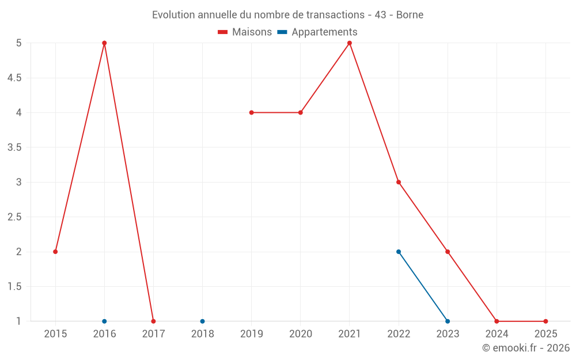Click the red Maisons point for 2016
click(x=104, y=43)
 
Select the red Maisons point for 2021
click(x=350, y=43)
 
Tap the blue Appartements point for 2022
click(x=399, y=252)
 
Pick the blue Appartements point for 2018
click(x=202, y=321)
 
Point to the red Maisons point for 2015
click(x=55, y=252)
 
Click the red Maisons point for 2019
click(x=252, y=112)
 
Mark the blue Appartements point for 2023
click(x=448, y=321)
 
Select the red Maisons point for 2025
click(x=545, y=321)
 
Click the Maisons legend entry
click(x=245, y=32)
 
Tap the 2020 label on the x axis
click(x=301, y=334)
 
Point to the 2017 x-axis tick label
click(x=153, y=334)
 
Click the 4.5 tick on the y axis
click(x=14, y=78)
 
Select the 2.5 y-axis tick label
click(x=14, y=217)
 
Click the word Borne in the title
click(x=410, y=15)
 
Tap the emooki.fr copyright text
click(x=526, y=348)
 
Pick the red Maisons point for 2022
click(x=399, y=182)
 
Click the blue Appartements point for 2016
click(x=104, y=321)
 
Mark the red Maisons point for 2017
click(x=153, y=321)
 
